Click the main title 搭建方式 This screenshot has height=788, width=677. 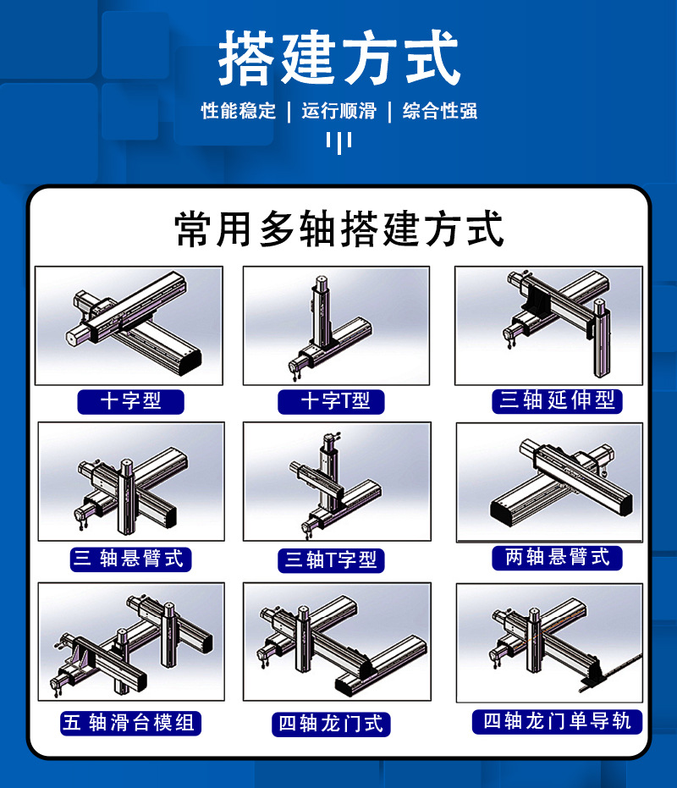(339, 58)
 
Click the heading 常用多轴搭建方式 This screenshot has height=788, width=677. (339, 229)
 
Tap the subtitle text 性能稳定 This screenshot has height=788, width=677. (239, 111)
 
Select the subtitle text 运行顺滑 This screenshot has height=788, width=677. (339, 111)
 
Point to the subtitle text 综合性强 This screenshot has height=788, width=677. (440, 111)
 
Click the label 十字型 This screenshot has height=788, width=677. (130, 401)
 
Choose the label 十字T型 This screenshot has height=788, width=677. (331, 401)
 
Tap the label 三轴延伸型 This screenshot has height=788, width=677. (557, 401)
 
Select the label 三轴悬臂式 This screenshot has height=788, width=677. (130, 559)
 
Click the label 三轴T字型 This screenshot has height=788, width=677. (331, 560)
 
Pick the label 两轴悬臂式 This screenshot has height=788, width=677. (557, 558)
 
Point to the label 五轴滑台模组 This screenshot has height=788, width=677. (130, 723)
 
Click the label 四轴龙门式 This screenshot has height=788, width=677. (331, 725)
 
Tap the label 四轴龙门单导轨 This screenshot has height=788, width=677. (557, 722)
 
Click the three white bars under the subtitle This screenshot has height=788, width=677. (338, 143)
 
